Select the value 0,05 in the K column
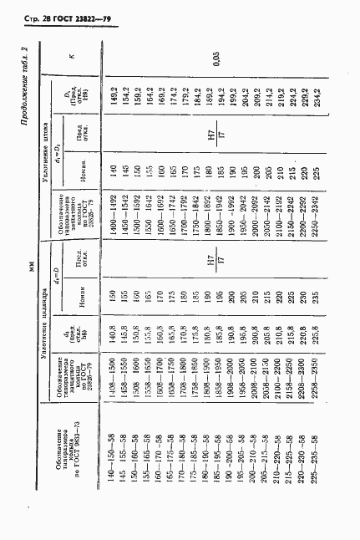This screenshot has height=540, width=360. point(217,58)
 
